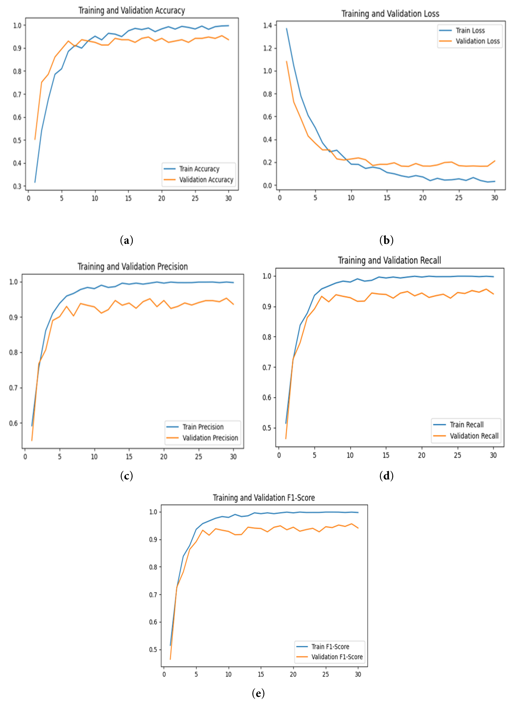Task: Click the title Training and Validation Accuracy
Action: [132, 11]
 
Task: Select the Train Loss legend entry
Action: [470, 31]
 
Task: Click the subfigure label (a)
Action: [126, 240]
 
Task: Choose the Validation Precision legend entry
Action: [210, 438]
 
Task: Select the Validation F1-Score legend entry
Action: [337, 657]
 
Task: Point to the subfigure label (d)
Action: [386, 476]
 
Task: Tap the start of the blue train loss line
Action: [286, 29]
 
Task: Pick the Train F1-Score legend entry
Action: [330, 647]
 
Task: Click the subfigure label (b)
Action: [386, 240]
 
